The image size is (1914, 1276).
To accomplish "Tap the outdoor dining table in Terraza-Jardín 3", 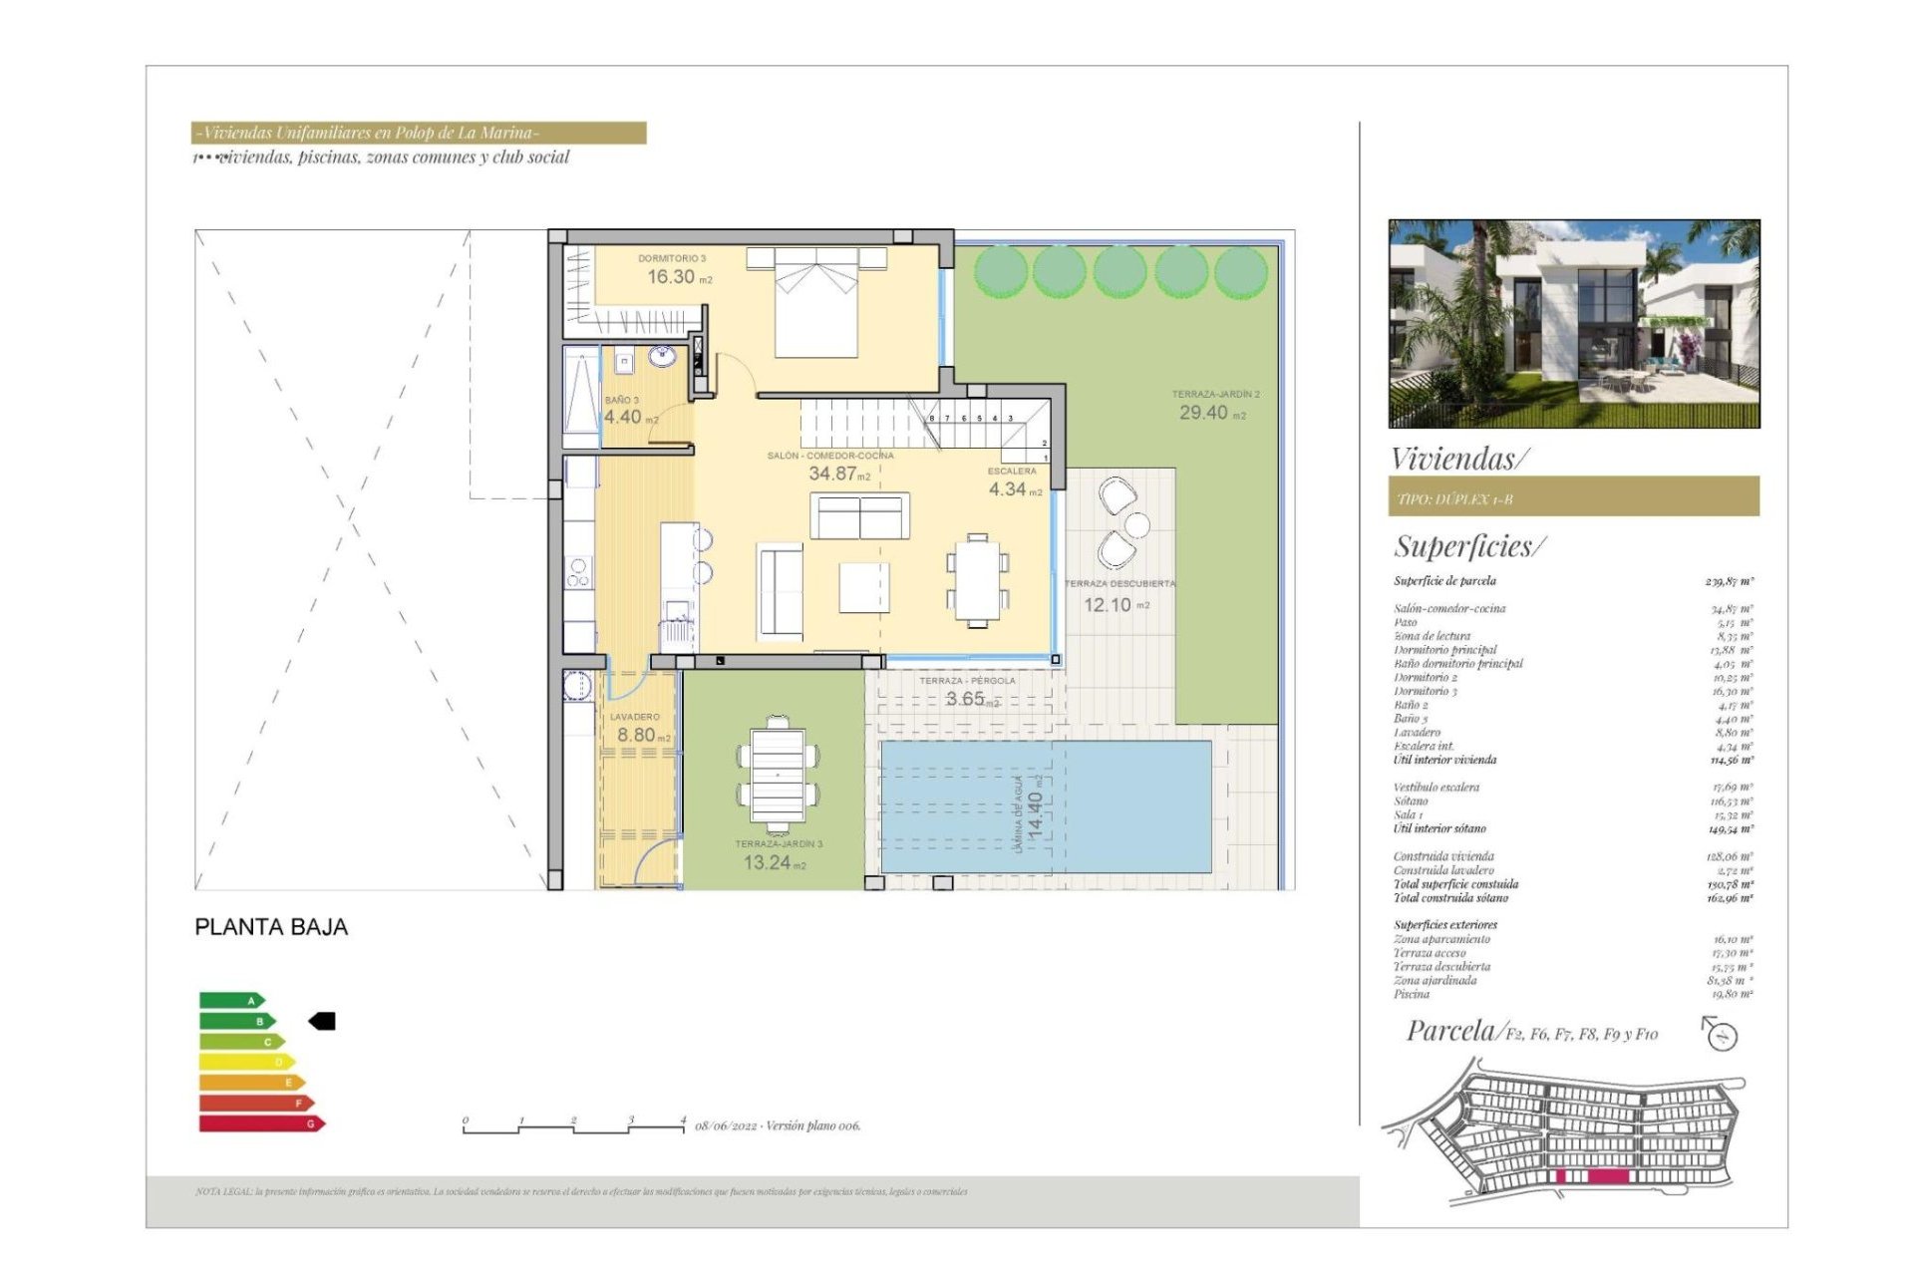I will pos(778,775).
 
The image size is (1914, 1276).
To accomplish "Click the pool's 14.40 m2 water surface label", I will pos(1035,812).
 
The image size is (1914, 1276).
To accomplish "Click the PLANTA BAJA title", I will pos(271,927).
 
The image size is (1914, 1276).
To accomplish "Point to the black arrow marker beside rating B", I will pos(322,1021).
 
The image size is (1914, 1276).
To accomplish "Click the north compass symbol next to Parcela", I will pos(1721,1034).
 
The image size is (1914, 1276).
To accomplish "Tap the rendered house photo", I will pos(1573,324).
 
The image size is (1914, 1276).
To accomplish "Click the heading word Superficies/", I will pos(1469,546).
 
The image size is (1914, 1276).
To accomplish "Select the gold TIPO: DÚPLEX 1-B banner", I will pos(1573,497).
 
